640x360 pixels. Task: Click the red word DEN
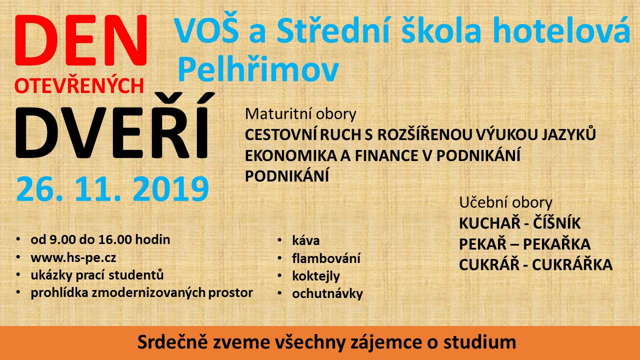81,40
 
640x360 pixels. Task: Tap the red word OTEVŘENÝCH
79,85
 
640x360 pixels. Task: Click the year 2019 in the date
171,189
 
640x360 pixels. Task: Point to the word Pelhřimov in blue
258,69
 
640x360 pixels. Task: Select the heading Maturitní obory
300,114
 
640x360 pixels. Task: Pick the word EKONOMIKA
290,155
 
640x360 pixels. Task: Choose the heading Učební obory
505,203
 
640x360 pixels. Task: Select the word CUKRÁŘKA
572,264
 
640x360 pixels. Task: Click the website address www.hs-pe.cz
73,257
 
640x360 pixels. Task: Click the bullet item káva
305,240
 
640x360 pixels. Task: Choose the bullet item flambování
326,258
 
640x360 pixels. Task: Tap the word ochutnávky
327,293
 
